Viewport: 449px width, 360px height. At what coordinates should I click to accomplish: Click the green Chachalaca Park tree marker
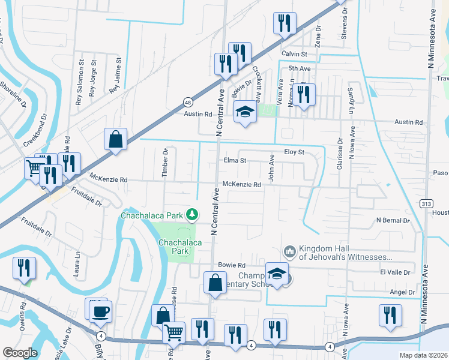pyautogui.click(x=192, y=214)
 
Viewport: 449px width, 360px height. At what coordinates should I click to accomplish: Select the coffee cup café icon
pyautogui.click(x=100, y=311)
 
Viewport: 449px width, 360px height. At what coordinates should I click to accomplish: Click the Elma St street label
pyautogui.click(x=235, y=161)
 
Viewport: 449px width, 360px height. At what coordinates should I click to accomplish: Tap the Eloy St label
pyautogui.click(x=295, y=152)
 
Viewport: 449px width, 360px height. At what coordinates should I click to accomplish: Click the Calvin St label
pyautogui.click(x=294, y=54)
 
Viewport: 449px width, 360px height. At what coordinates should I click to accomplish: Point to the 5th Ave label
pyautogui.click(x=299, y=69)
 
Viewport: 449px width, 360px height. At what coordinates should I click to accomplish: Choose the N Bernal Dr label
pyautogui.click(x=393, y=221)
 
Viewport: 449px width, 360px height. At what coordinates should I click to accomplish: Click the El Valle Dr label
pyautogui.click(x=394, y=272)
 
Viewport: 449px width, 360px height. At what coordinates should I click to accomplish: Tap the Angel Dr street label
pyautogui.click(x=402, y=292)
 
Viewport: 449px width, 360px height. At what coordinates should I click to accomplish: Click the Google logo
pyautogui.click(x=20, y=352)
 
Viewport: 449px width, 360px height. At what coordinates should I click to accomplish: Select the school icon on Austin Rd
pyautogui.click(x=245, y=112)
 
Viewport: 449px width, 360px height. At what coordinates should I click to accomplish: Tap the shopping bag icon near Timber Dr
pyautogui.click(x=115, y=139)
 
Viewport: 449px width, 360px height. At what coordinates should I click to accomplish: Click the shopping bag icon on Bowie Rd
pyautogui.click(x=215, y=282)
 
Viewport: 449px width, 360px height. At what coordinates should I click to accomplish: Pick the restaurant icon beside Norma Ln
pyautogui.click(x=304, y=94)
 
